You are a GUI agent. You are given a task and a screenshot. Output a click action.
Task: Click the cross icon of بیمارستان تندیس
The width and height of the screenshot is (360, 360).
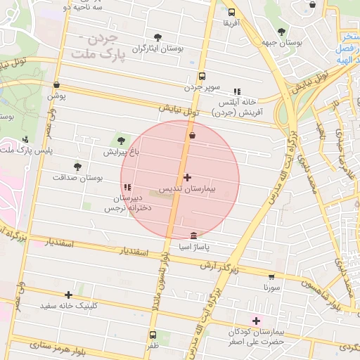tap(187, 178)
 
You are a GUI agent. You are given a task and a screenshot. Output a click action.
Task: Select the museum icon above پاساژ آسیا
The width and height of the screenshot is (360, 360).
tap(194, 236)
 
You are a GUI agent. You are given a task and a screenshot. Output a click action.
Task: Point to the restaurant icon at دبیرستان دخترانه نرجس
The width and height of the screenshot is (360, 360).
tap(127, 187)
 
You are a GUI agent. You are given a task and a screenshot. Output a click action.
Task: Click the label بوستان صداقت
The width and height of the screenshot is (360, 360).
tap(77, 178)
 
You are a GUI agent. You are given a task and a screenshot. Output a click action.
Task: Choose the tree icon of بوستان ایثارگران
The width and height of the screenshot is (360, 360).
tap(157, 39)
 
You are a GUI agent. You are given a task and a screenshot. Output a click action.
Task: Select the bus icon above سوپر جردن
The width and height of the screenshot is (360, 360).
tap(202, 76)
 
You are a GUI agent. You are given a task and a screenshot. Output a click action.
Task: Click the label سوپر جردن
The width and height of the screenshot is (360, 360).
tap(203, 87)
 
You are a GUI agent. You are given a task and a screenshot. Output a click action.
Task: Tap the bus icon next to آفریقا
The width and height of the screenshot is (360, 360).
tap(232, 12)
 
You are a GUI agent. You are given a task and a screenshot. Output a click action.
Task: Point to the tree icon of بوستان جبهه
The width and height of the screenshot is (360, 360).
tap(281, 32)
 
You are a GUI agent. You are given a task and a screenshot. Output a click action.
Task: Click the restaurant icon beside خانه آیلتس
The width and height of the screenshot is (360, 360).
tap(237, 91)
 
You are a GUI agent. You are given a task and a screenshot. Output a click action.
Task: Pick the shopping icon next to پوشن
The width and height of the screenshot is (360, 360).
tap(56, 85)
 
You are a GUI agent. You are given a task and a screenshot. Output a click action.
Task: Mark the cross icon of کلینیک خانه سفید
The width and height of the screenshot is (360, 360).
tap(68, 295)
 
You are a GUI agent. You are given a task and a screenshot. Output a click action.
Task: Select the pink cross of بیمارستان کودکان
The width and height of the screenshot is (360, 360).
tap(256, 321)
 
